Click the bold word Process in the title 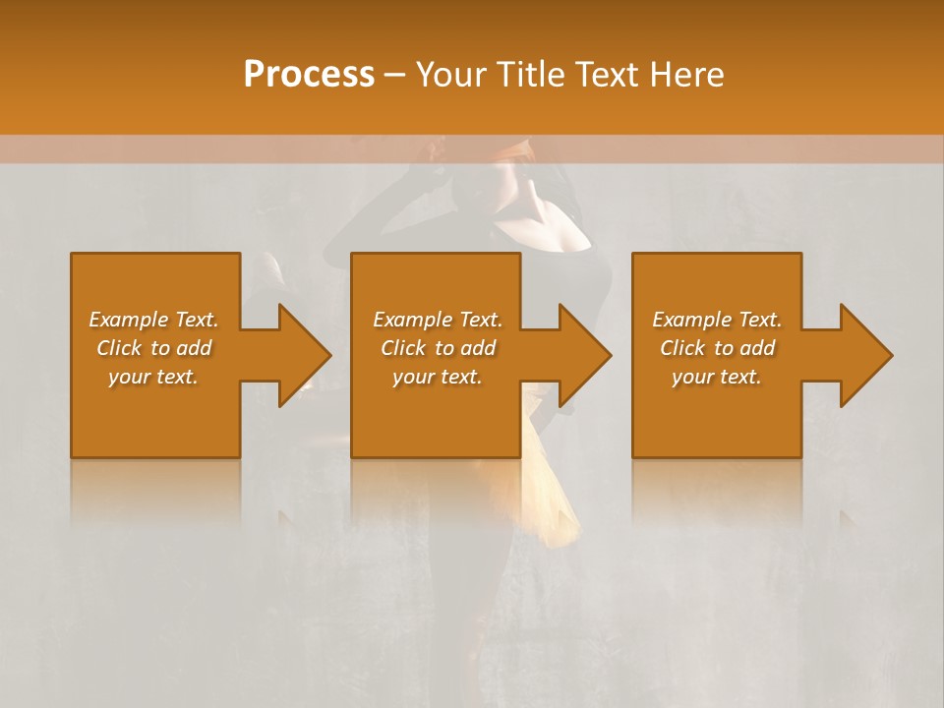(x=309, y=74)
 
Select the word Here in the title (x=686, y=74)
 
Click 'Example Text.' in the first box (x=153, y=320)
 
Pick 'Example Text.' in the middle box (x=437, y=320)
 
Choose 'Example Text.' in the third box (x=717, y=320)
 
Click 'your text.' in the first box (x=153, y=377)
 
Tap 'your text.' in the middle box (x=437, y=377)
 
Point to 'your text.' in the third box (x=717, y=377)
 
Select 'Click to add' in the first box (x=153, y=348)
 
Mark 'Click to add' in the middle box (x=437, y=348)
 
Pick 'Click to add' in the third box (x=717, y=348)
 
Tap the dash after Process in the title (x=394, y=75)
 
